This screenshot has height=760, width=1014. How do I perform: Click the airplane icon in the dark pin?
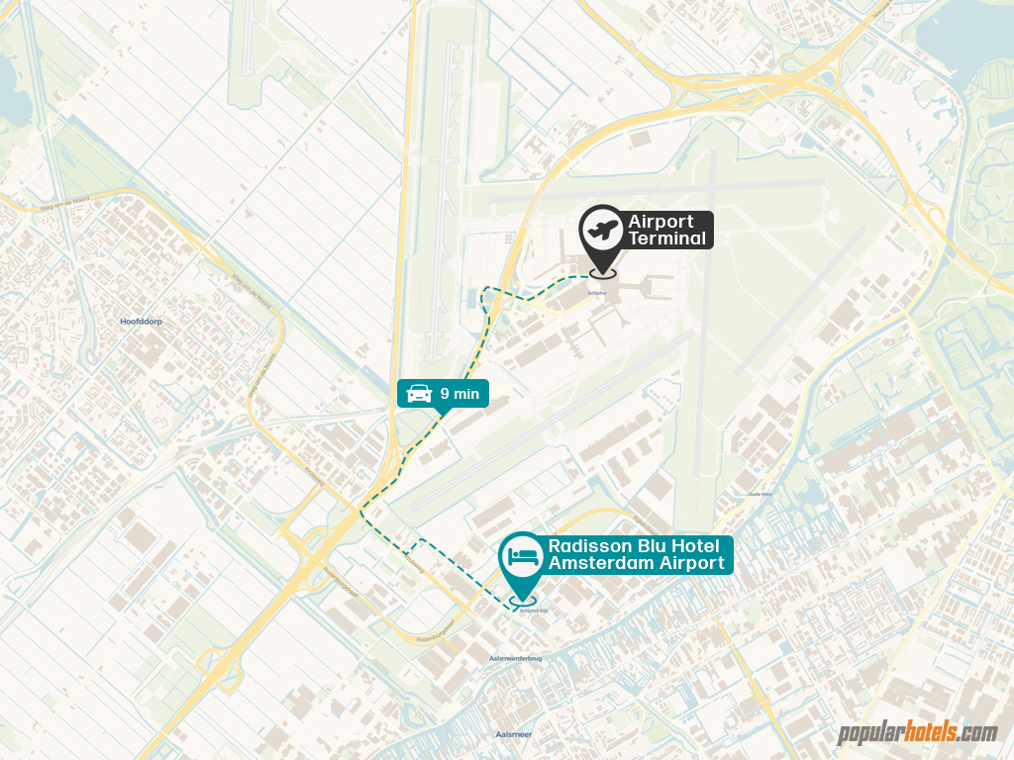(x=601, y=232)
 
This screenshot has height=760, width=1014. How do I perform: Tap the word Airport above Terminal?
(x=660, y=221)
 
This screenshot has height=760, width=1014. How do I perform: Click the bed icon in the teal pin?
(x=523, y=555)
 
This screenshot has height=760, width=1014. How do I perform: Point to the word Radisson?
(x=591, y=545)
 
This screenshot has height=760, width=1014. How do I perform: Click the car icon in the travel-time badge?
(x=419, y=393)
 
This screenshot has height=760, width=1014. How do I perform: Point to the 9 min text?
(x=459, y=394)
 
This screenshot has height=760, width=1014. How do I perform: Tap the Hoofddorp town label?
(x=140, y=322)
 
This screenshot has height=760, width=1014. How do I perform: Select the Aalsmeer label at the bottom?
(x=513, y=734)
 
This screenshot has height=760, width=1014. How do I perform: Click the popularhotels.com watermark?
(x=917, y=732)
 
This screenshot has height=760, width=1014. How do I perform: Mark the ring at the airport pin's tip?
(x=601, y=271)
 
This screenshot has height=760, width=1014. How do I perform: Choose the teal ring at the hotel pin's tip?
(x=523, y=598)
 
